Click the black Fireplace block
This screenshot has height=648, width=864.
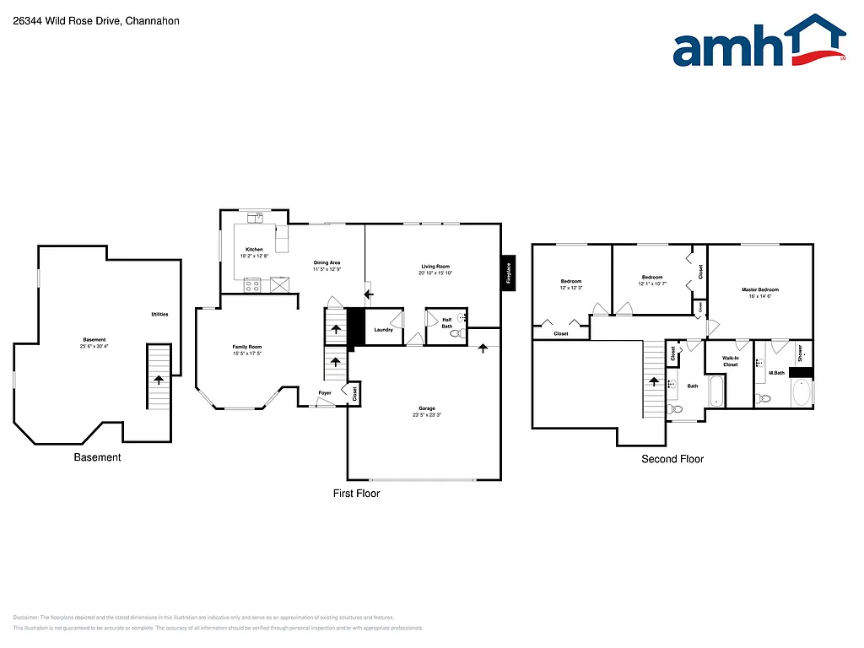click(509, 273)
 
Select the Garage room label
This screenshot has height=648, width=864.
click(427, 408)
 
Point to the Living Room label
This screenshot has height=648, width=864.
click(435, 266)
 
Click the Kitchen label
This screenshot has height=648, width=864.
click(254, 250)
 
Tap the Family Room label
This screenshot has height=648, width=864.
click(247, 347)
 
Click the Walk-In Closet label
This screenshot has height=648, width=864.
click(730, 361)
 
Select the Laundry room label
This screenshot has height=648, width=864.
click(383, 330)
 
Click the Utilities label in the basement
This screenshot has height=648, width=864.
click(159, 314)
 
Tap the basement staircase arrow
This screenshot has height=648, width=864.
click(158, 381)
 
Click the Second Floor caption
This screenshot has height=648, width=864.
click(672, 459)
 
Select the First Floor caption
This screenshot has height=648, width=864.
click(356, 493)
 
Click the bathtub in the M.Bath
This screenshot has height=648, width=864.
click(801, 393)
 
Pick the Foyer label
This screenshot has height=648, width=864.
click(325, 393)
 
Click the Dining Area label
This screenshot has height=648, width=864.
click(327, 262)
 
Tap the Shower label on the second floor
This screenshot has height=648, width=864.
click(801, 352)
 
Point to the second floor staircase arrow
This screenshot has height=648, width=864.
click(653, 381)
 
